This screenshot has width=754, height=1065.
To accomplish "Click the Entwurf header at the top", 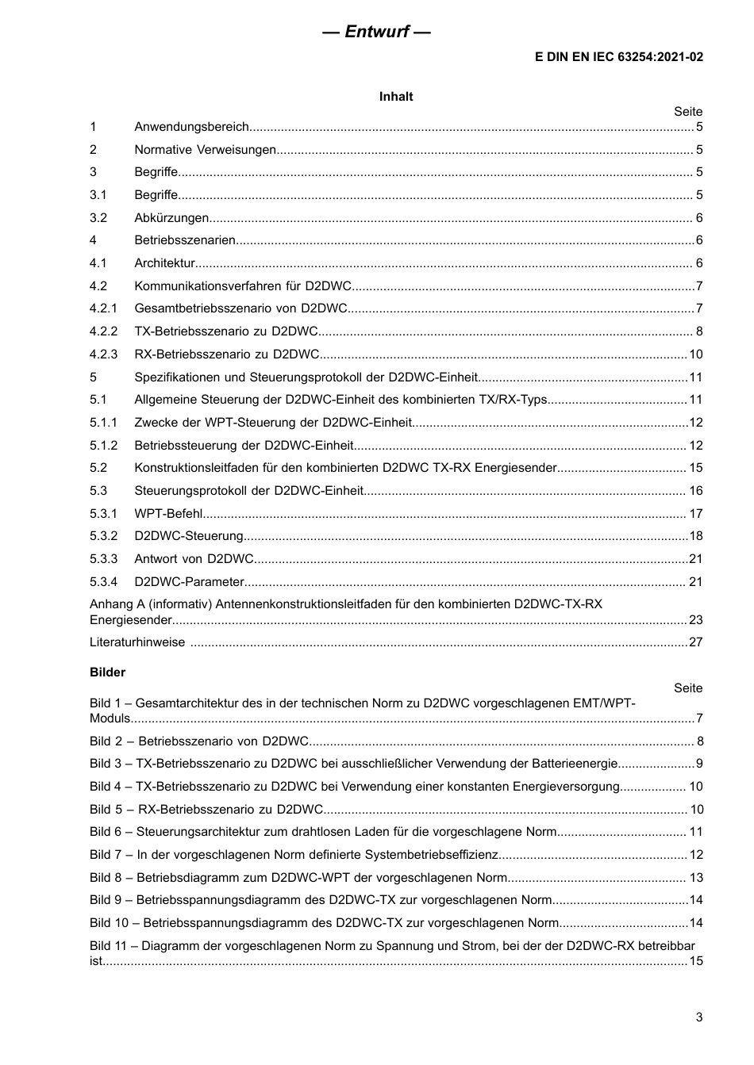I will pos(377,33).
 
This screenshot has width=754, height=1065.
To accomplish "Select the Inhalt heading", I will pos(396,97).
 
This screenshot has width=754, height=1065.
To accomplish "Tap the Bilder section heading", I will pos(107,672).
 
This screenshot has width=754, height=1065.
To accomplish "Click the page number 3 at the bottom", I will pos(698,1017).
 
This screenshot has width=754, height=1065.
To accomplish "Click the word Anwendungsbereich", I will pos(192,127).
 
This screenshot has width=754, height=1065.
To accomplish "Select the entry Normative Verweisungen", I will pos(205,150).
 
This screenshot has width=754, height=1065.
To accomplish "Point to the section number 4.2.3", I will pos(103,354).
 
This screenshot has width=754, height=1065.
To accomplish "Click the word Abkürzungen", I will pos(171,218).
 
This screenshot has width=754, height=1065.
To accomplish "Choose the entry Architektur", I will pos(164,263).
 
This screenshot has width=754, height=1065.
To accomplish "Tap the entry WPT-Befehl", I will pos(168,514).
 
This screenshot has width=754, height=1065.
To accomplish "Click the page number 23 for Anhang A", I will pos(695,620).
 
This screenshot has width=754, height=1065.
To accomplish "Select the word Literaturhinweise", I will pos(137,642).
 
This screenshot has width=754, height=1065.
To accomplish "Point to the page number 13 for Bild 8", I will pos(696,878).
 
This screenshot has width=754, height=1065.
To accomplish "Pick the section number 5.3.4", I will pos(103,582).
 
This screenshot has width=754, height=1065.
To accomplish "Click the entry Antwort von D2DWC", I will pos(194,559).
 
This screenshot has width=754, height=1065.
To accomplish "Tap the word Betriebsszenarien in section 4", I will pos(185,240).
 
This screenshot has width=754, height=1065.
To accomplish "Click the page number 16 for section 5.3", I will pos(695,491).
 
